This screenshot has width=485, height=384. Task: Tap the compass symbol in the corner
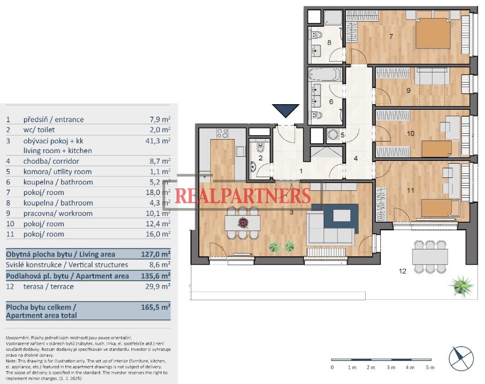[x=461, y=358]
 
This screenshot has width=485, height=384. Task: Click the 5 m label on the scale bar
[x=430, y=367]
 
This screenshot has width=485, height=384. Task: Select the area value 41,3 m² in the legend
[x=158, y=141]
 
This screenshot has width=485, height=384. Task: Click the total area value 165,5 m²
[x=155, y=307]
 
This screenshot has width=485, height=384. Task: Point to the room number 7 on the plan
[x=391, y=36]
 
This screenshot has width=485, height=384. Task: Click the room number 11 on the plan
[x=410, y=190]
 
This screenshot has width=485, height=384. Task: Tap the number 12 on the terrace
[x=402, y=271]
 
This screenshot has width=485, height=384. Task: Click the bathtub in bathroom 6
[x=325, y=75]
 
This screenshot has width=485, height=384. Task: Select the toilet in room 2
[x=260, y=148]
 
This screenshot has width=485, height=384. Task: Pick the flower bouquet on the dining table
[x=243, y=222]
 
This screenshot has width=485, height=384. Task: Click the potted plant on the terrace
[x=461, y=286]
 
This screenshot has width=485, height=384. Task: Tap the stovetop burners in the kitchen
[x=222, y=133]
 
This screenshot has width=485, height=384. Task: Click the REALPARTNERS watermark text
[x=243, y=195]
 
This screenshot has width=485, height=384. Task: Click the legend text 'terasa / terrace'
[x=48, y=287]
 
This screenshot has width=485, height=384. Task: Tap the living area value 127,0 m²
[x=155, y=254]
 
